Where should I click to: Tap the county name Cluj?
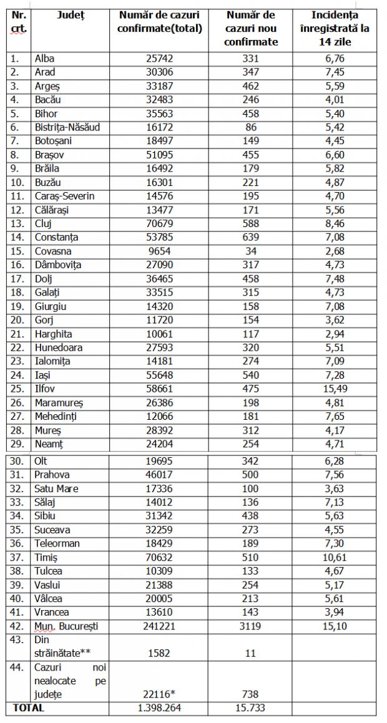point(46,224)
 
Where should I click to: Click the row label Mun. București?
point(67,626)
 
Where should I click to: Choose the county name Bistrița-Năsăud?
point(68,128)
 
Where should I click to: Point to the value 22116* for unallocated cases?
point(160,694)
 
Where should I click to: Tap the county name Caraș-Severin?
point(66,197)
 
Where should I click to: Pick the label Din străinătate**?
point(62,646)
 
